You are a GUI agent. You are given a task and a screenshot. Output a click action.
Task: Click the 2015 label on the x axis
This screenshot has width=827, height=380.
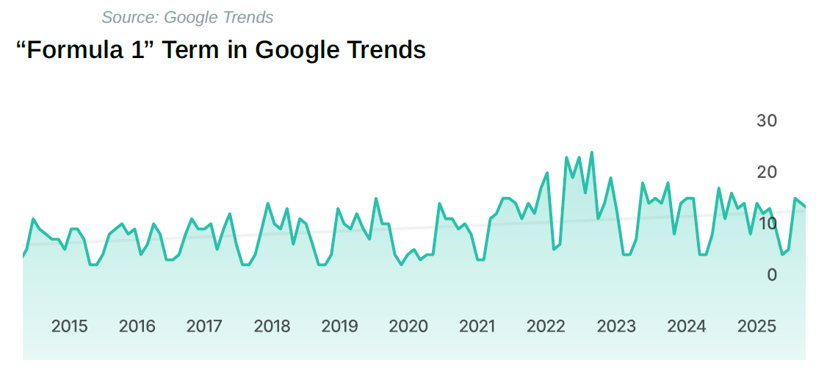point(69,326)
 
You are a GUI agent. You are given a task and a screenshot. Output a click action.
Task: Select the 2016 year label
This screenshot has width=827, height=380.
point(137,326)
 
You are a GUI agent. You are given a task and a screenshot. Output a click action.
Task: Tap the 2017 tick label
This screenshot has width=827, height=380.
point(204,326)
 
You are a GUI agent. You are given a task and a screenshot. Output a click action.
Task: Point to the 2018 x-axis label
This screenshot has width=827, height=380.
point(272,326)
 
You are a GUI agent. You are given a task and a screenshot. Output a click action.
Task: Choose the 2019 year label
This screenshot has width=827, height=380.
point(339,326)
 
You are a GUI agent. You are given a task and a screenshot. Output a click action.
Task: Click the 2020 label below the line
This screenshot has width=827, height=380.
point(408,326)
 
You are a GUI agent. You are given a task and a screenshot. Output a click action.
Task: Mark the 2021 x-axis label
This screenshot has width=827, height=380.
point(477,326)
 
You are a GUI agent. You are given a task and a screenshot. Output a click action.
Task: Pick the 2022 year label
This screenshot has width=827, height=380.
point(545,326)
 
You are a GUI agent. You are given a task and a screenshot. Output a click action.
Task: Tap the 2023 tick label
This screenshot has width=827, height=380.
point(615,326)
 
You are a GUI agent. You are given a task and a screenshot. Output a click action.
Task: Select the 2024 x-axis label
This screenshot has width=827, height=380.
point(686,326)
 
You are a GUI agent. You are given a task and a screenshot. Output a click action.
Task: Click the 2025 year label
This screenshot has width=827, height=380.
point(756,326)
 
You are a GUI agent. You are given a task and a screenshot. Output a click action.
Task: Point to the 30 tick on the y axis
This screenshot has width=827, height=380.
point(766,121)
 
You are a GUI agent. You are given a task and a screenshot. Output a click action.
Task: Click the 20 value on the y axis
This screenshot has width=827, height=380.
point(766,172)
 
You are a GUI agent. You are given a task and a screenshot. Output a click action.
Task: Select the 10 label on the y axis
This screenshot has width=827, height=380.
point(766,223)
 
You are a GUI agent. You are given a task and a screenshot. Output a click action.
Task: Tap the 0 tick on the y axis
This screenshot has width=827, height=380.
point(771,275)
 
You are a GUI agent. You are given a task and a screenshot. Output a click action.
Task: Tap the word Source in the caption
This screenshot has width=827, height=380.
point(128,17)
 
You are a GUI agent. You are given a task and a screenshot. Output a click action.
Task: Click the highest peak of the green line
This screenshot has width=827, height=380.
point(591,153)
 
